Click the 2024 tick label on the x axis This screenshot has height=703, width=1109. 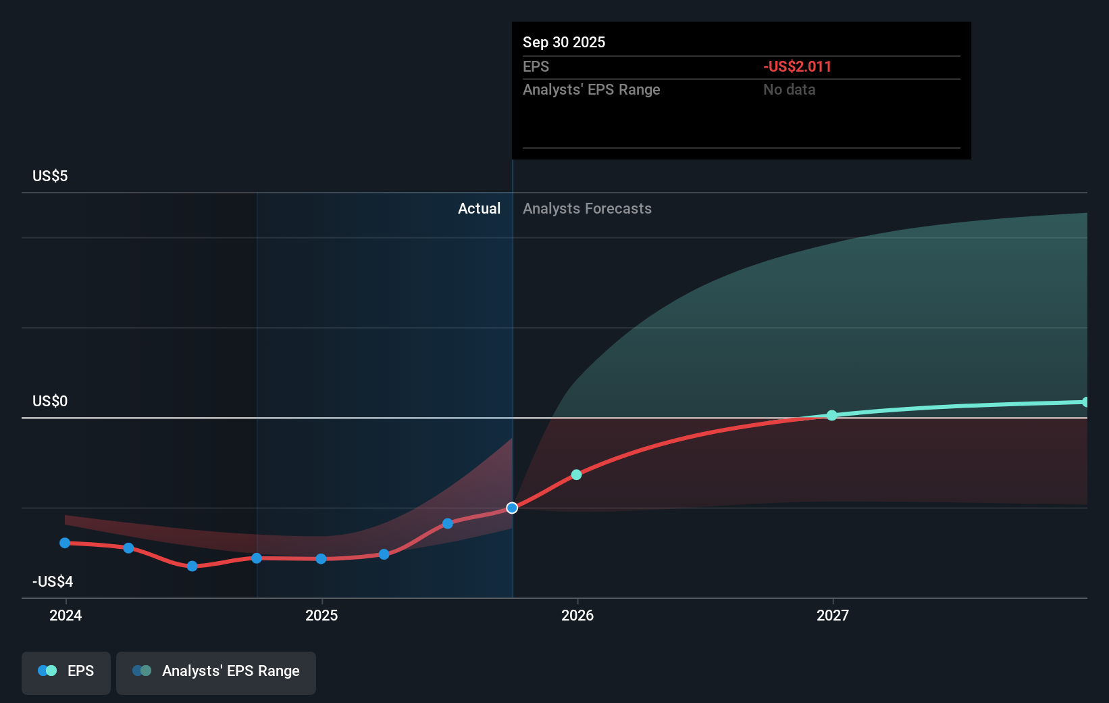(66, 615)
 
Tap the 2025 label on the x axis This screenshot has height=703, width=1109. (321, 615)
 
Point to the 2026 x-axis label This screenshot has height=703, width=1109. (577, 615)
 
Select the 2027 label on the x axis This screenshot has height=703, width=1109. (833, 615)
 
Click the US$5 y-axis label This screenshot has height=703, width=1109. (50, 176)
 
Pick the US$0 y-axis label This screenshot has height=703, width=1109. (50, 401)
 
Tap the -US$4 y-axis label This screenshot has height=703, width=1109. (53, 581)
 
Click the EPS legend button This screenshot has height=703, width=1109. (66, 671)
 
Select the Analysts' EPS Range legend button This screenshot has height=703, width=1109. (216, 671)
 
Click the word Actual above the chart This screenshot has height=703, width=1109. (479, 208)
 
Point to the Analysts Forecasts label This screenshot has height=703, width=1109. (587, 208)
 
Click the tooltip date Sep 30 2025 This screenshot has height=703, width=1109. (564, 42)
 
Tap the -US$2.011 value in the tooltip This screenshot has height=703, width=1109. (797, 66)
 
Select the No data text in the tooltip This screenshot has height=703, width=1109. (789, 89)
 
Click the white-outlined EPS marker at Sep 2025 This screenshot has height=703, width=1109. (512, 508)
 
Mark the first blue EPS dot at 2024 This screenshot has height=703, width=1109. (65, 543)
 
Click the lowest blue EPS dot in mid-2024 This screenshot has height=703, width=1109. (192, 566)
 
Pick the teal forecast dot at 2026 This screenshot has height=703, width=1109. (576, 475)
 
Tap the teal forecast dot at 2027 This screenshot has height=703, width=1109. (832, 415)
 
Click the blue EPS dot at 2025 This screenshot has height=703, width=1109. (321, 558)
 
